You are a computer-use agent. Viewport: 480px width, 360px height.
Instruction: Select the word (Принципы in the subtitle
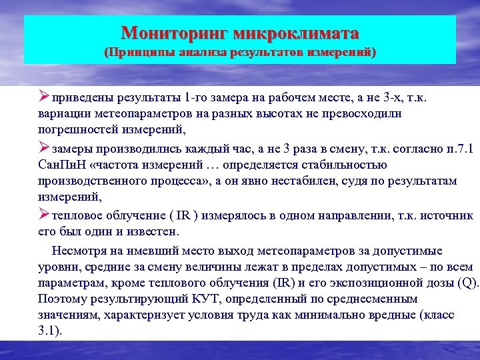pos(139,51)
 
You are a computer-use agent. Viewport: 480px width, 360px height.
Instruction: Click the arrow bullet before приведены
pos(45,99)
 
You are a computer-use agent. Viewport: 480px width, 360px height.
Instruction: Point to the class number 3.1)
pos(50,331)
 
